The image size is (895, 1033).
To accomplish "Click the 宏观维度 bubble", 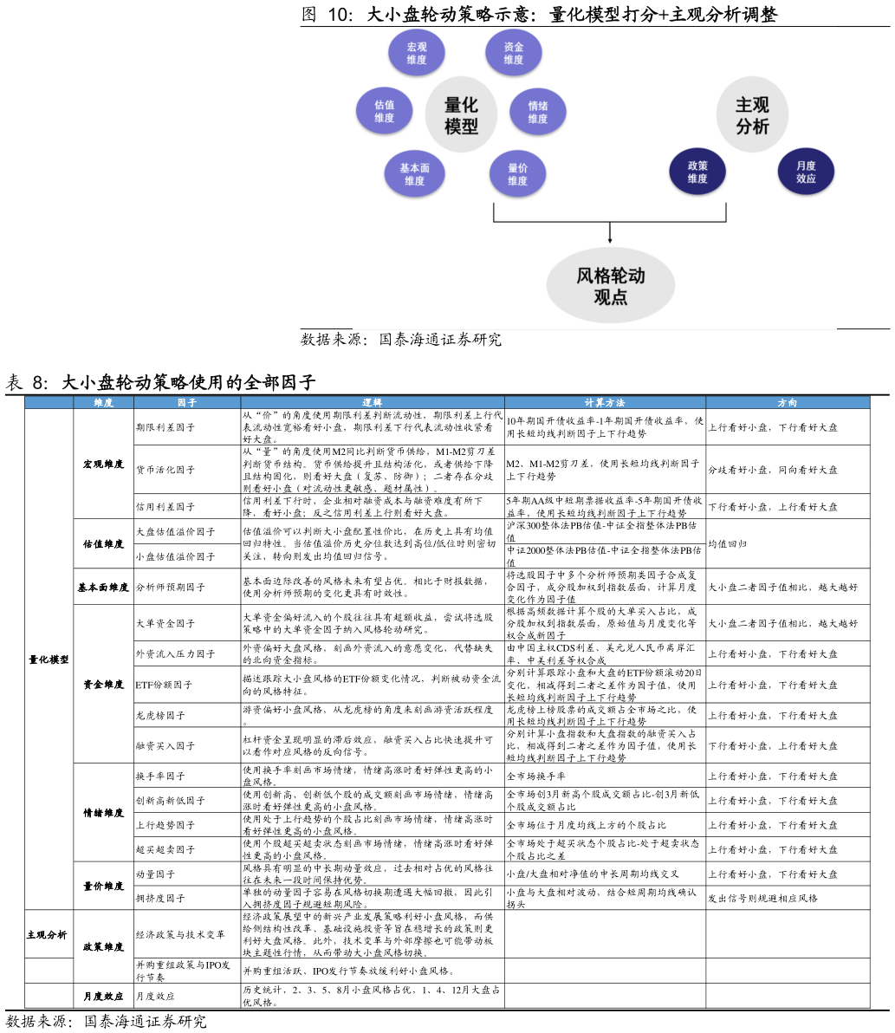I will pos(417,53).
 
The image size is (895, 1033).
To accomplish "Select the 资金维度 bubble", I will pos(514,53).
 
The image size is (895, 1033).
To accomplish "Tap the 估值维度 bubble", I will pos(384,111).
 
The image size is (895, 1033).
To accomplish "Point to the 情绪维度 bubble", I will pos(538,112).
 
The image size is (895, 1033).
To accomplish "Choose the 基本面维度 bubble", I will pos(415,174).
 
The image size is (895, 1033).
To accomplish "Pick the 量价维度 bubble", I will pos(517,174).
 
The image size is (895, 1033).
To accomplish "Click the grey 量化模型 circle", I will pos(461,115).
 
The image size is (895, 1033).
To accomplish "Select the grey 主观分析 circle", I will pos(752,115).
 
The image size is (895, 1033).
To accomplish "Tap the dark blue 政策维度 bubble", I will pos(697,172).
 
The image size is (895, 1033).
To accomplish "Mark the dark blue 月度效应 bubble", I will pos(806,172).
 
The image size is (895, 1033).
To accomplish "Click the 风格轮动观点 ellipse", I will pos(611,286).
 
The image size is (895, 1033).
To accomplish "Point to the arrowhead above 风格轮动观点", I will pos(610,240).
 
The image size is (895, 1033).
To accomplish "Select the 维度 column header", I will pos(103,402).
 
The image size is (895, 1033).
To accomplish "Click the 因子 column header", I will pos(187,402).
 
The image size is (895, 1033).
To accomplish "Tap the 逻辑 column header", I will pos(373,402).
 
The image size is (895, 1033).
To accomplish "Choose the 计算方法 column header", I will pos(605,402).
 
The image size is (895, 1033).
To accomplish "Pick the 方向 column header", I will pos(788,402).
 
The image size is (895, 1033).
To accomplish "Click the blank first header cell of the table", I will pos(49,402).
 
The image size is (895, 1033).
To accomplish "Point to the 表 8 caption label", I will pos(26,382).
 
